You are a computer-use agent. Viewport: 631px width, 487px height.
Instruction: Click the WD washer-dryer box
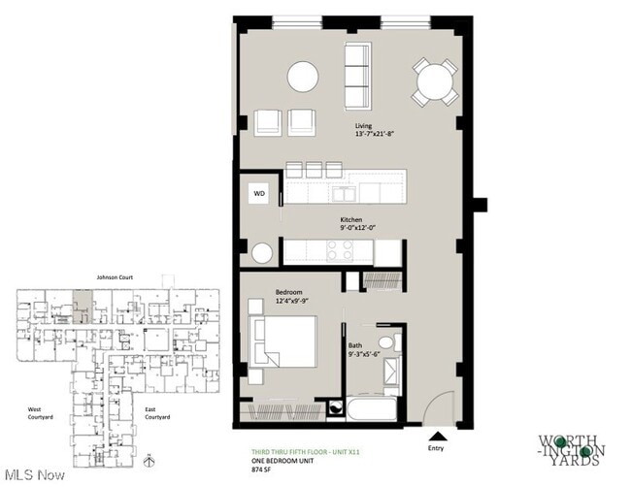click(x=259, y=193)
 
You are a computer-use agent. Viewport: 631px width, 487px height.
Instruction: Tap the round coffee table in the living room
click(x=302, y=77)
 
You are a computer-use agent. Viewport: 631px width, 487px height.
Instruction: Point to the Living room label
click(x=364, y=126)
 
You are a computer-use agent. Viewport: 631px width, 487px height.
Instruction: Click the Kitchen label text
click(x=351, y=220)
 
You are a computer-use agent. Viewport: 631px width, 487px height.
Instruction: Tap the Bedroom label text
click(x=289, y=292)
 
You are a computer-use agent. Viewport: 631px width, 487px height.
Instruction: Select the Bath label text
click(x=356, y=345)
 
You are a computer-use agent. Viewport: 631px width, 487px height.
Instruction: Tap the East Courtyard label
click(x=157, y=412)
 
